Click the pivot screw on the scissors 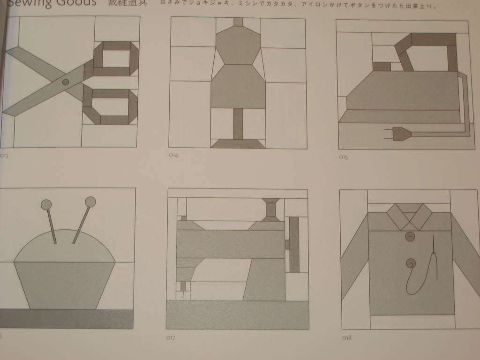[x=66, y=82]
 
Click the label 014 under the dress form [x=173, y=155]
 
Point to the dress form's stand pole [x=238, y=123]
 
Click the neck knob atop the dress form [x=238, y=22]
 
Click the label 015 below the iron [x=343, y=157]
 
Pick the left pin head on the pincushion [x=46, y=205]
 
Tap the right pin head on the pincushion [x=90, y=202]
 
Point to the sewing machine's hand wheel [x=294, y=244]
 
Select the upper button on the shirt [x=410, y=237]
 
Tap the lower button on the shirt [x=411, y=263]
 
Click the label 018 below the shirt [x=346, y=337]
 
